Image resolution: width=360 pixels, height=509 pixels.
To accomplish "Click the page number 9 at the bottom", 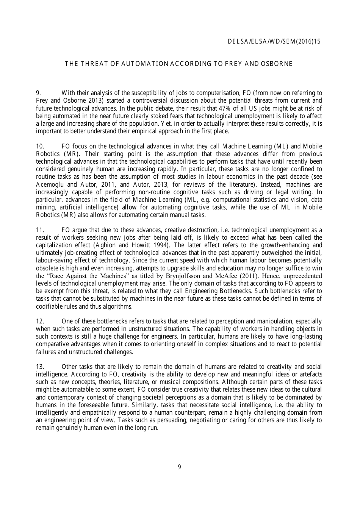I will (179, 467).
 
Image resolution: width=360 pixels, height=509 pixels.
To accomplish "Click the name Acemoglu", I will (50, 184).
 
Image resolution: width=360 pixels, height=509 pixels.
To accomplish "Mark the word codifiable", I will (49, 306).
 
